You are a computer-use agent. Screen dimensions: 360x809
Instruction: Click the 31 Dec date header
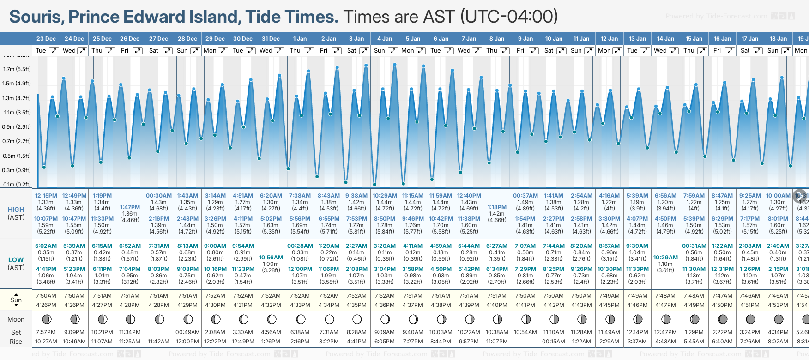click(x=271, y=39)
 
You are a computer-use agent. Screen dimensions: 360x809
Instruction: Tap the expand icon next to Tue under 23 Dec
click(x=54, y=51)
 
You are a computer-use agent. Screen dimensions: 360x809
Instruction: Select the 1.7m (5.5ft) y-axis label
click(x=17, y=69)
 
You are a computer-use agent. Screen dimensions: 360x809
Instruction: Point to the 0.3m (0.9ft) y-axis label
click(x=17, y=170)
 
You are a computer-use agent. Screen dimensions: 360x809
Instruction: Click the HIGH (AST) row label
click(x=16, y=213)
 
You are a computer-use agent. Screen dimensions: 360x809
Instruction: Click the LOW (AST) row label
click(x=16, y=264)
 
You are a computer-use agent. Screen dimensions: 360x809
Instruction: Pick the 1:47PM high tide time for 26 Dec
click(x=130, y=207)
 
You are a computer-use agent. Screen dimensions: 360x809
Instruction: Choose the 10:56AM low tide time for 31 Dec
click(x=271, y=258)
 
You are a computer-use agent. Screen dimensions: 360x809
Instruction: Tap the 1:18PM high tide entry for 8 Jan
click(x=497, y=207)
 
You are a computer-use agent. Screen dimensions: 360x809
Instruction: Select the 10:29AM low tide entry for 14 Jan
click(x=665, y=258)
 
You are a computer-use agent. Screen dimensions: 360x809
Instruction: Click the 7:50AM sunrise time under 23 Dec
click(x=46, y=296)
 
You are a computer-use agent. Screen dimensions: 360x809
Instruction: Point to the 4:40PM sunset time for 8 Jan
click(x=497, y=305)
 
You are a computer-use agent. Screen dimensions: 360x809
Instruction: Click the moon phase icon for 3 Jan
click(x=357, y=319)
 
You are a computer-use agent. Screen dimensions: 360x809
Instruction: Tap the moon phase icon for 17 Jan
click(x=750, y=319)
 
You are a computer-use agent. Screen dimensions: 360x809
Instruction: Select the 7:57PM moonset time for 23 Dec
click(x=46, y=332)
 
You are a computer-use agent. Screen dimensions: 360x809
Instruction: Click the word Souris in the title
click(x=36, y=17)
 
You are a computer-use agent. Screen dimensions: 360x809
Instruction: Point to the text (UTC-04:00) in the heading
click(x=509, y=17)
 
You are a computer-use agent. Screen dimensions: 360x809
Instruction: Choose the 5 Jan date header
click(x=413, y=39)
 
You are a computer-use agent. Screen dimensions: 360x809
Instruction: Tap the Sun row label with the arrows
click(x=16, y=300)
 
